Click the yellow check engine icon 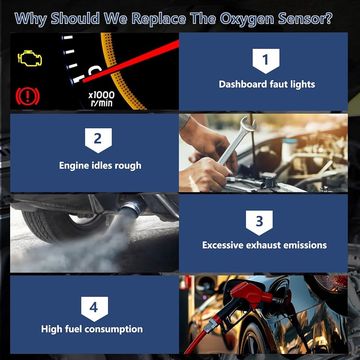click(x=30, y=58)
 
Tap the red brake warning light click(x=28, y=96)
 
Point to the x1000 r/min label click(x=102, y=99)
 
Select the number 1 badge click(x=266, y=61)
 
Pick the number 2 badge click(x=98, y=140)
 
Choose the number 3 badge click(x=259, y=222)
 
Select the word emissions click(x=305, y=245)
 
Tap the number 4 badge click(x=94, y=309)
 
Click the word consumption click(x=114, y=329)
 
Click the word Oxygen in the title click(x=247, y=19)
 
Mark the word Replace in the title click(x=159, y=19)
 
